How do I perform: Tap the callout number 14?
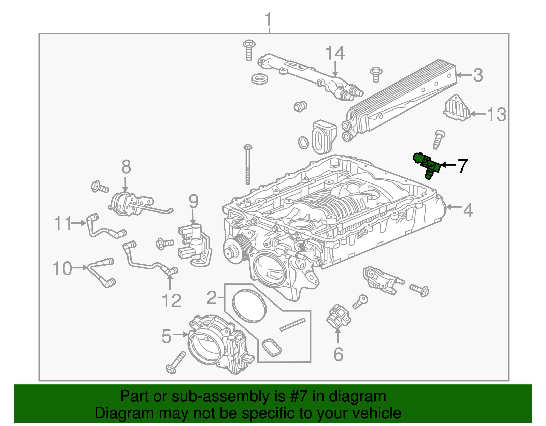tap(335, 54)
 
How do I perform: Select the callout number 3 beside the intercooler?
tap(478, 75)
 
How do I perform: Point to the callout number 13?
tap(496, 115)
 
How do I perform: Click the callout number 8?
tap(126, 167)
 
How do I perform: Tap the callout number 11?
tap(63, 223)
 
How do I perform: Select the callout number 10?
tap(62, 268)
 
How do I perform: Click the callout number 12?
tap(171, 301)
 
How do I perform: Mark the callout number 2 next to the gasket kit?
tap(212, 298)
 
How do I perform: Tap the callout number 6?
tap(338, 354)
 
